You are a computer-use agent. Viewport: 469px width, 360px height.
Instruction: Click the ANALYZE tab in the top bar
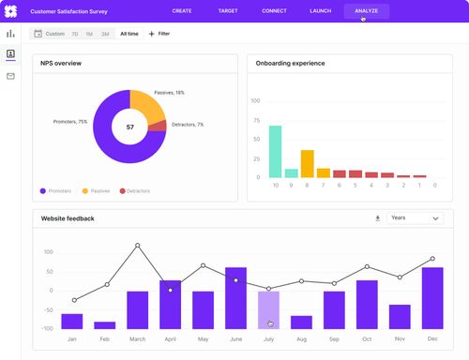point(366,10)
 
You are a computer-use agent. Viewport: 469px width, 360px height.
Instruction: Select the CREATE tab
point(182,10)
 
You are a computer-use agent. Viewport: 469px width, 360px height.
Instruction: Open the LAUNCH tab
point(321,10)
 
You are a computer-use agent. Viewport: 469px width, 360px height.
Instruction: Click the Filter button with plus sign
point(159,33)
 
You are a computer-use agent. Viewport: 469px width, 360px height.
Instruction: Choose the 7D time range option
point(75,33)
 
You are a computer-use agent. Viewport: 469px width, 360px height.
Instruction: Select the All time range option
point(129,33)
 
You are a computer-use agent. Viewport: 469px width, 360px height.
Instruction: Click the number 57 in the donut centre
point(129,127)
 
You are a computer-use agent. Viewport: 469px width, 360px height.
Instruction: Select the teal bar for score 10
point(276,151)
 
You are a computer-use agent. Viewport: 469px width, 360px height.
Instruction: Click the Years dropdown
point(414,218)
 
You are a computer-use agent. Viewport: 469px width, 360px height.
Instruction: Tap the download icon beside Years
point(378,218)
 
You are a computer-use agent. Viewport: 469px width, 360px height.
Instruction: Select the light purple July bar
point(268,308)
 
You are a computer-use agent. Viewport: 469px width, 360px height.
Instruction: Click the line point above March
point(137,246)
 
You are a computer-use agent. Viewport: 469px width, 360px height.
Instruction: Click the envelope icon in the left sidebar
point(10,75)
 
